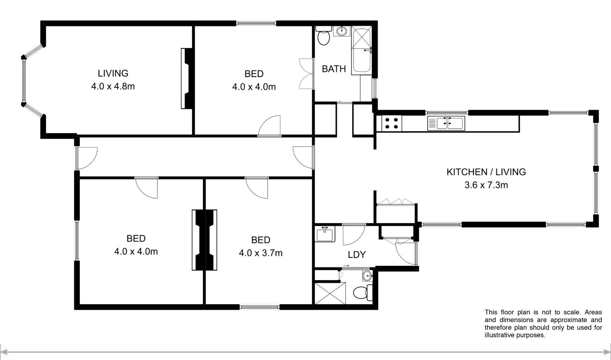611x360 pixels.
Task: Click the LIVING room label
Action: click(113, 73)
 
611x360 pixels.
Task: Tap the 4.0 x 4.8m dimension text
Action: click(113, 86)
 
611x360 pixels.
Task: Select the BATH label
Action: click(334, 69)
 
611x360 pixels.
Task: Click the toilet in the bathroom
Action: click(323, 37)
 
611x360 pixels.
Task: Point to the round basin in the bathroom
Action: click(342, 31)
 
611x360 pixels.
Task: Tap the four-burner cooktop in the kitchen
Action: click(391, 123)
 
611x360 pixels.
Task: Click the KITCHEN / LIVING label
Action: click(486, 172)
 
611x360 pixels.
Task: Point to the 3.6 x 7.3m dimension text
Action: click(486, 185)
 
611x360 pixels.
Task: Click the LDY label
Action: click(357, 255)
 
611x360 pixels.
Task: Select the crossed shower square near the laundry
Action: click(330, 293)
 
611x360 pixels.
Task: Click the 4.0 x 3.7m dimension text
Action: click(261, 253)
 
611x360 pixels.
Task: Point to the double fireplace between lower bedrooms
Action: click(204, 240)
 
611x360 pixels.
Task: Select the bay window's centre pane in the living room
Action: click(24, 81)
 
